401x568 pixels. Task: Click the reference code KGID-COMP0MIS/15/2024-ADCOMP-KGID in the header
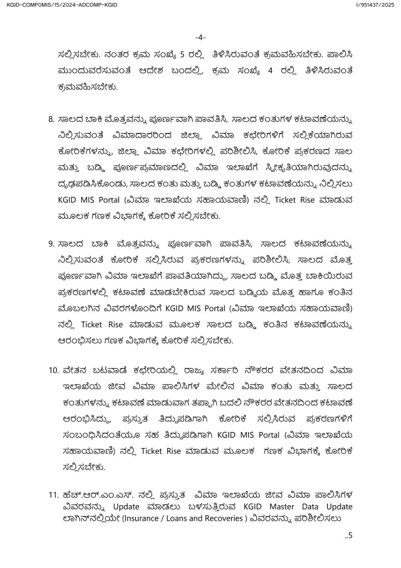tap(62, 5)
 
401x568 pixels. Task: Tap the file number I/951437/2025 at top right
tap(375, 5)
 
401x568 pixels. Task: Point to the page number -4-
tap(200, 37)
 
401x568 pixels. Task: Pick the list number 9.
tap(51, 244)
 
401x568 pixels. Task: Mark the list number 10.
tap(54, 370)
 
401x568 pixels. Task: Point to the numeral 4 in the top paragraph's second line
tap(270, 70)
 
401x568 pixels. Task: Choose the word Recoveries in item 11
tap(224, 518)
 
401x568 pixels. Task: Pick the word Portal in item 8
tap(109, 200)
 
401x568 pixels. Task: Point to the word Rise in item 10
tap(173, 451)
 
